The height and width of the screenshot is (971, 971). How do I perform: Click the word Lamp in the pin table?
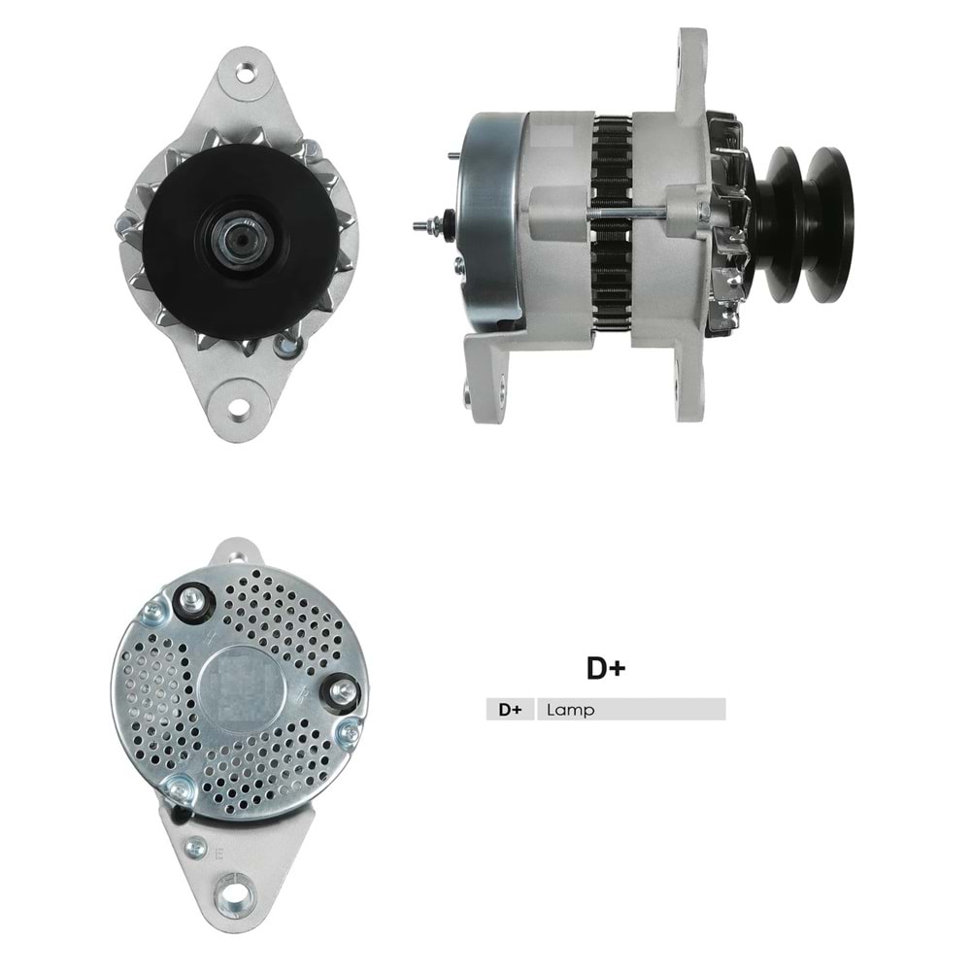click(571, 710)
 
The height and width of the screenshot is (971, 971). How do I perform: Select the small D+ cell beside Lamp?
click(510, 710)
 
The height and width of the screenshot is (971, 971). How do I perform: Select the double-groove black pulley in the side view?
click(806, 223)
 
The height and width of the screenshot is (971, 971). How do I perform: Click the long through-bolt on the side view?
click(631, 215)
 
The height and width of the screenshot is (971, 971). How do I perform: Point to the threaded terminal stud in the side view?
click(423, 225)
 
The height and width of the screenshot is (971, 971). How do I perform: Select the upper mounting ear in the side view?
click(691, 68)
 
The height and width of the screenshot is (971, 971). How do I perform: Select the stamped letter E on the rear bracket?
click(220, 855)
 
